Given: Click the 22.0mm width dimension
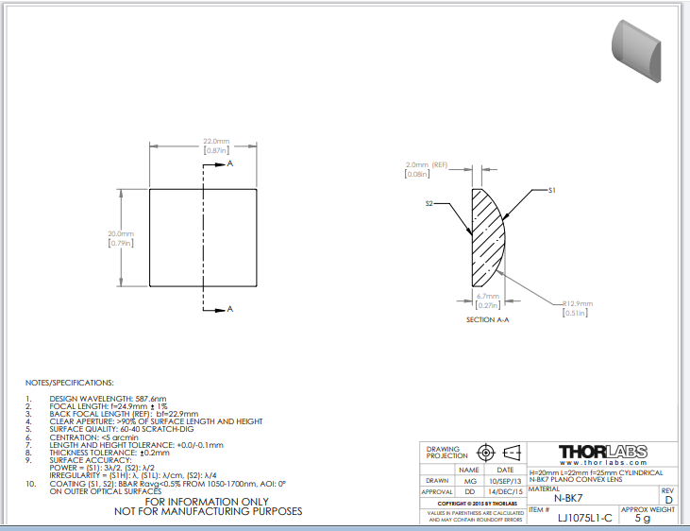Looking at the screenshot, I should [x=216, y=142].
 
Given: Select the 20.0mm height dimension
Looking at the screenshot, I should [x=121, y=234].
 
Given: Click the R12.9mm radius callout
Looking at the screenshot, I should [x=577, y=303].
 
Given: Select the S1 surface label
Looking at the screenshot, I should [x=553, y=190].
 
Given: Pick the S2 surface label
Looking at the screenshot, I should [x=429, y=203].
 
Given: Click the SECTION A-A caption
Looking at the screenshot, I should [x=487, y=320].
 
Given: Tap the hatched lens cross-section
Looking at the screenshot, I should [x=489, y=236].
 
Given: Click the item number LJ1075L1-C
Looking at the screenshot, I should [x=584, y=518].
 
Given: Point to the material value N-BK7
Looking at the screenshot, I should [x=569, y=497].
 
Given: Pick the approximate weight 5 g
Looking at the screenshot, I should [x=642, y=518].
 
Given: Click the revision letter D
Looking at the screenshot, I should [x=668, y=498].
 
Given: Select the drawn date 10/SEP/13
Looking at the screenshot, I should [x=505, y=480].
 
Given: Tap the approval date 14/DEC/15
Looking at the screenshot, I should [x=505, y=491].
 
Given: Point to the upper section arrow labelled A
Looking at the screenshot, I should [x=229, y=163].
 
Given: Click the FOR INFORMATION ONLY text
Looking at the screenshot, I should [x=207, y=501].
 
